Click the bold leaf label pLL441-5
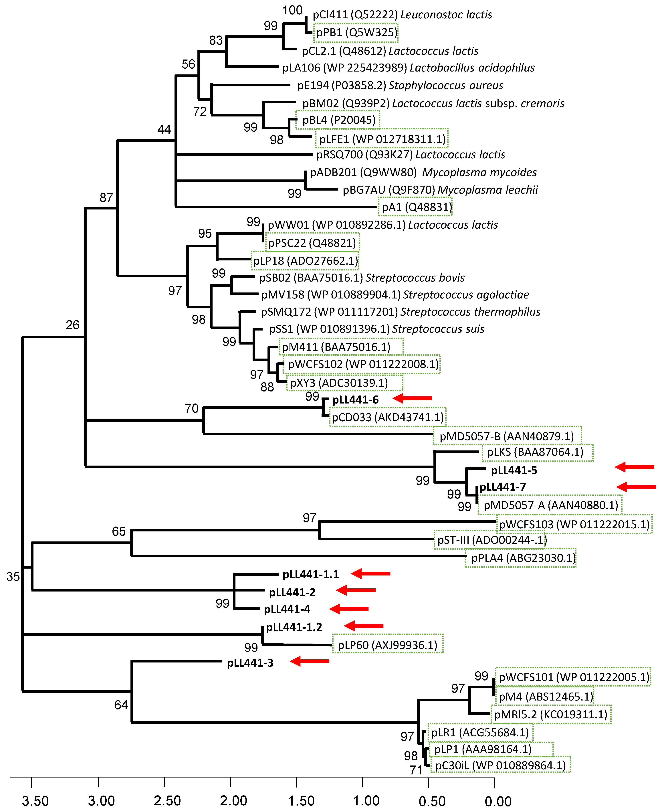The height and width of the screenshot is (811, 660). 514,470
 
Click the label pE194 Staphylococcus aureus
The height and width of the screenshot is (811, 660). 400,86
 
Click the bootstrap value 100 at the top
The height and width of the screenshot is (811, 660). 292,10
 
